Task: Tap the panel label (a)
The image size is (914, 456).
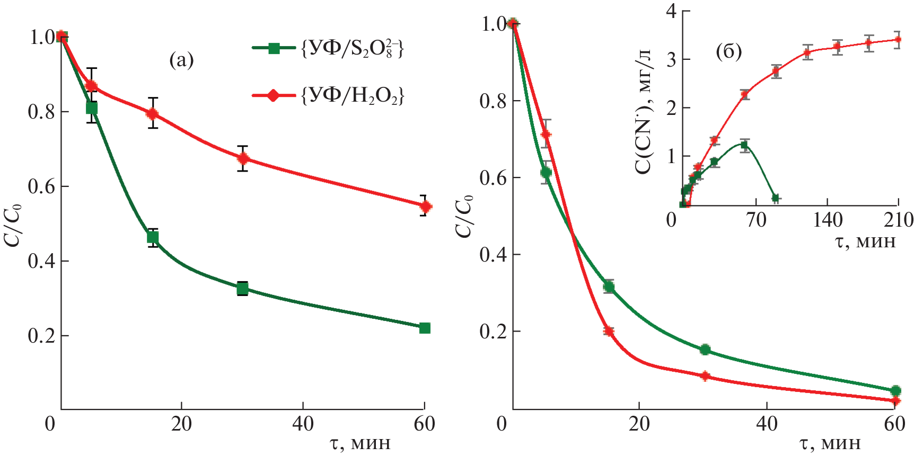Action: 181,60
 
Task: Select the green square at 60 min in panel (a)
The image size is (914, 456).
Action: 425,328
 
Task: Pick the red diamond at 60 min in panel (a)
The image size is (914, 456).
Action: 425,207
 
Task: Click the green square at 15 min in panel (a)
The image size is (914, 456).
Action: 153,237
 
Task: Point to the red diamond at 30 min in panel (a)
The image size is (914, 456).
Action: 243,158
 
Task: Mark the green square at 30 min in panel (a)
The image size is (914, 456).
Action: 243,289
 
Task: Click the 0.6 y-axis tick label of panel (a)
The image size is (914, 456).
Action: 42,186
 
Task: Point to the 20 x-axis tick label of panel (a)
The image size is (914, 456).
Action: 181,424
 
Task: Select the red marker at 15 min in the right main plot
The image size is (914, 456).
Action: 609,332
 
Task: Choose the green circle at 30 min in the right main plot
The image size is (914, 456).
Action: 705,350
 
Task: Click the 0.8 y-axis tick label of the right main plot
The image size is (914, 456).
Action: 493,101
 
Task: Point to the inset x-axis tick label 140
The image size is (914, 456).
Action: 828,219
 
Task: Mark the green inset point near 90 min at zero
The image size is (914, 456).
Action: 776,198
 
